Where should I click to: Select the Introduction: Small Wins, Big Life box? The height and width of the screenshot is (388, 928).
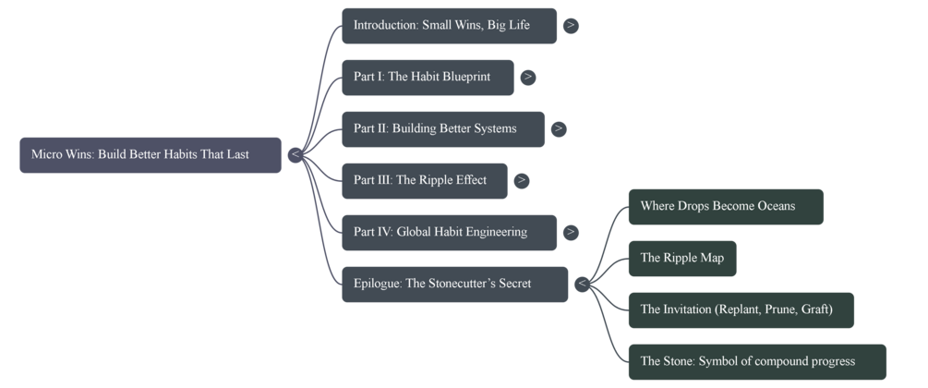point(449,26)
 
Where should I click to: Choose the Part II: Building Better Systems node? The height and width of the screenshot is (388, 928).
point(442,129)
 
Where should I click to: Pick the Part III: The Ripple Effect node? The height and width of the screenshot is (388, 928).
point(424,181)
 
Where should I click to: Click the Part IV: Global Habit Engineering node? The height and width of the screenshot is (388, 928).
point(449,233)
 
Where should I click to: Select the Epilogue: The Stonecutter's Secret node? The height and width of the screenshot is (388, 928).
point(454,285)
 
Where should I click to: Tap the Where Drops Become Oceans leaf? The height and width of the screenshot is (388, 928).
point(725,207)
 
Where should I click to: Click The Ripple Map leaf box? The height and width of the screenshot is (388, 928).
point(681,259)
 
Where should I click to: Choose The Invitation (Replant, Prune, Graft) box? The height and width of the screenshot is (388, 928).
point(741,310)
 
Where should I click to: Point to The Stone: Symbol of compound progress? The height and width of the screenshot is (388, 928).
point(756,362)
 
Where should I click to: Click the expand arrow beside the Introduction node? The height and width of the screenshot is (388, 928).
point(572,26)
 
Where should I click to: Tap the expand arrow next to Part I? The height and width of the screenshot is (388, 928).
point(528,78)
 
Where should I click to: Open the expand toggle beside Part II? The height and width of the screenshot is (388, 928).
point(559,129)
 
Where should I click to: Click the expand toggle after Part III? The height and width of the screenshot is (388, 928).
point(522,181)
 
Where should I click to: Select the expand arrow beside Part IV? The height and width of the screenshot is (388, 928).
point(572,233)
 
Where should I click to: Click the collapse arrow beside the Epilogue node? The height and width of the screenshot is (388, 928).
point(582,285)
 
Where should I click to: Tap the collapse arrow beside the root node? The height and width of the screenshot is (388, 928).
point(295,155)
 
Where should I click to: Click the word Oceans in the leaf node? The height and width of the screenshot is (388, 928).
point(774,207)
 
